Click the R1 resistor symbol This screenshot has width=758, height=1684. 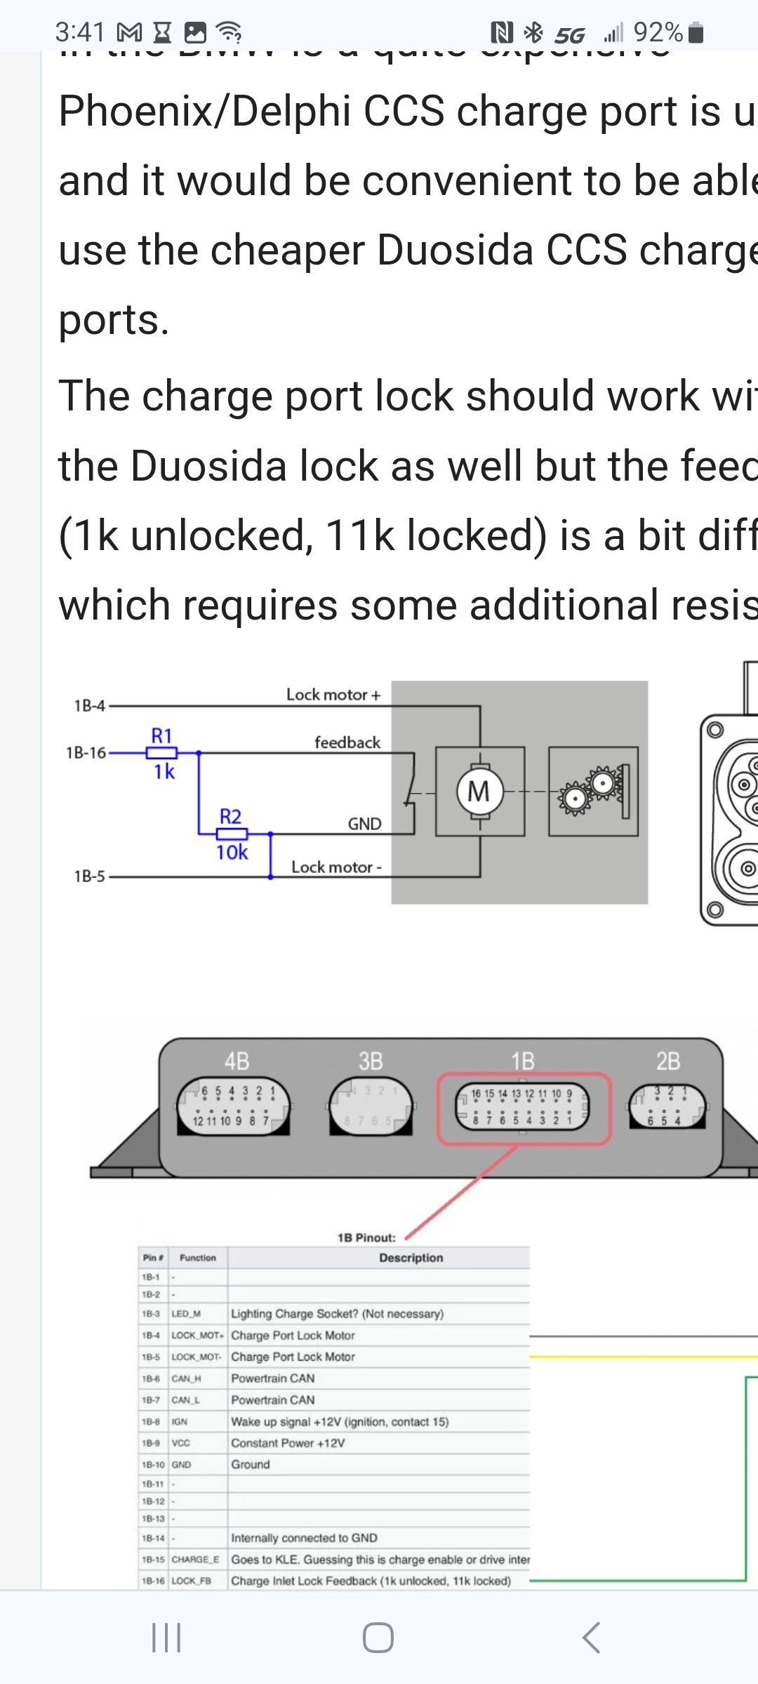161,753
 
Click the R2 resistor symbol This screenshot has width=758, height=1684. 232,834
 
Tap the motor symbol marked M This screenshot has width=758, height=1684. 479,791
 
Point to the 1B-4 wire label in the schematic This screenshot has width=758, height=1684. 90,705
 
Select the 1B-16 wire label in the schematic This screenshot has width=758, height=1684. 86,753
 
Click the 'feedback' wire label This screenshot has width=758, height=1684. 347,742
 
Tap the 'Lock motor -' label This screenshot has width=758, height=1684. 336,867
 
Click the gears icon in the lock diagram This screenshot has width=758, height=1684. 593,791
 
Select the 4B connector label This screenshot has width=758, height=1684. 237,1061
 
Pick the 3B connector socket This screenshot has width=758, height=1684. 371,1107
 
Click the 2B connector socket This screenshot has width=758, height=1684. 667,1107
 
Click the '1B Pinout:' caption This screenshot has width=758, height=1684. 366,1238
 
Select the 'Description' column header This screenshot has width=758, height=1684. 411,1258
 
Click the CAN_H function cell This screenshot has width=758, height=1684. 187,1379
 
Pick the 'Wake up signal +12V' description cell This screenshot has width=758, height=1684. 340,1422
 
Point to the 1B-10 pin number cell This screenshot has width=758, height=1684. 153,1465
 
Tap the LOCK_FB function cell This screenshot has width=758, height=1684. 191,1581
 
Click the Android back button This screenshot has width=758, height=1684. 591,1637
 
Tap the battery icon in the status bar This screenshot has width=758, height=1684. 696,32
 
